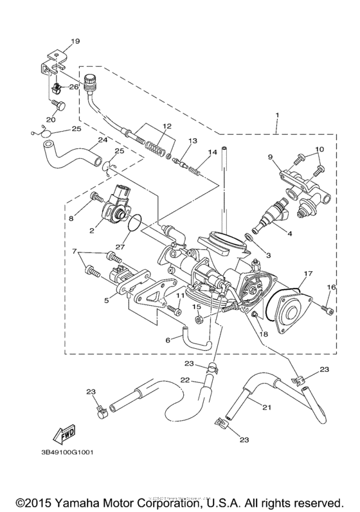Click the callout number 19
point(75,41)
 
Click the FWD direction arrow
point(66,438)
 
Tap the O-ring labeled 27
point(134,225)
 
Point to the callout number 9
point(271,157)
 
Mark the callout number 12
point(166,126)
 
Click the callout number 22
point(184,380)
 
